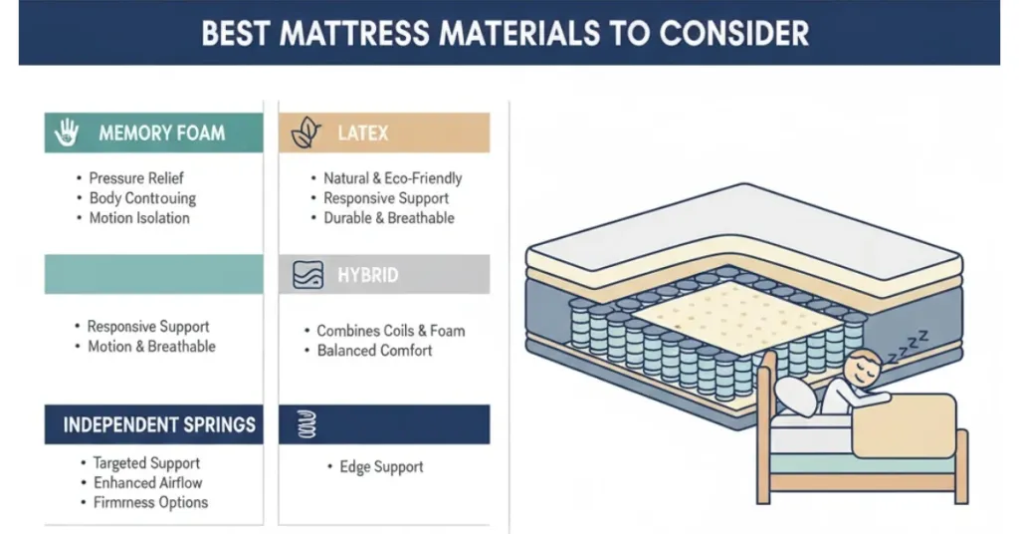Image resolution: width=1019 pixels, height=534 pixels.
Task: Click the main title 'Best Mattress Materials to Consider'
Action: (505, 33)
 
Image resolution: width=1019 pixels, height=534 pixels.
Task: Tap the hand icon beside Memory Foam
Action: (68, 133)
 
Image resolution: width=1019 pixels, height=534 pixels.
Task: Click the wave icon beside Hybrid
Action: (307, 275)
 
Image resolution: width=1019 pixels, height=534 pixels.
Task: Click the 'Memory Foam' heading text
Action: (161, 133)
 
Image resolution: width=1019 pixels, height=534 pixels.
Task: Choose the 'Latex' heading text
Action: (362, 133)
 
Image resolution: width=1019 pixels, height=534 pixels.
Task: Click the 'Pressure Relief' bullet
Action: (136, 178)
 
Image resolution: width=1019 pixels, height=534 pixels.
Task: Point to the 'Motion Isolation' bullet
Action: (138, 218)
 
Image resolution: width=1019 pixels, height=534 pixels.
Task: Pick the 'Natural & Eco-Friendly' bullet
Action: (392, 178)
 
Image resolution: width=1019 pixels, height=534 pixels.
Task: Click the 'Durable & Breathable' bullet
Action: (388, 218)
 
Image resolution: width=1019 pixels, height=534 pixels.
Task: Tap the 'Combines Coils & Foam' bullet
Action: (390, 331)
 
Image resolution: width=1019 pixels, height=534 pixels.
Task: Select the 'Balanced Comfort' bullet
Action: (374, 351)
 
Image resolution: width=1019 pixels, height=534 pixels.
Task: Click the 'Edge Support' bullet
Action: (381, 467)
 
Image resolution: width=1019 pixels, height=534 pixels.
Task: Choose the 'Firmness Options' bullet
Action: (150, 502)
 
